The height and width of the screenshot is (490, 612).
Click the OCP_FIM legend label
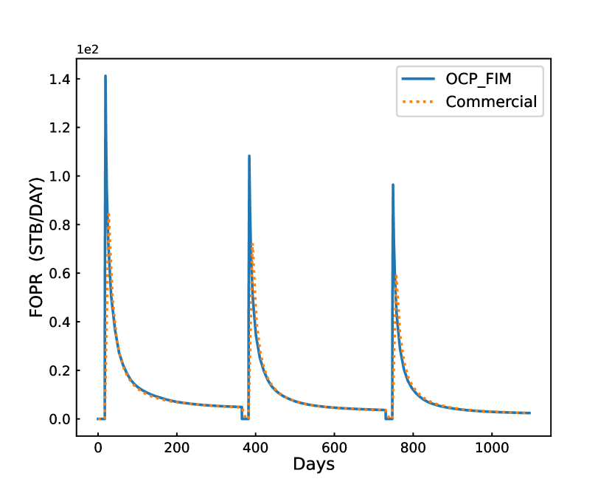pyautogui.click(x=479, y=78)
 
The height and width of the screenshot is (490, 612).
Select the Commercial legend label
pyautogui.click(x=491, y=102)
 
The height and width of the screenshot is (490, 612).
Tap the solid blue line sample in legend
pyautogui.click(x=420, y=78)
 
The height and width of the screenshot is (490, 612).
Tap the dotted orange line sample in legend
pyautogui.click(x=420, y=102)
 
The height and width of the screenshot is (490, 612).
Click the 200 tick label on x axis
pyautogui.click(x=176, y=448)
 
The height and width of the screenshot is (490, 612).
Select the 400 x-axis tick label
pyautogui.click(x=255, y=448)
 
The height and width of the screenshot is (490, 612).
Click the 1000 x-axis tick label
pyautogui.click(x=492, y=448)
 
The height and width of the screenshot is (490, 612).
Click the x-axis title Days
pyautogui.click(x=313, y=465)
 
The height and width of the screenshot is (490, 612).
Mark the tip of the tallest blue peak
pyautogui.click(x=105, y=75)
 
